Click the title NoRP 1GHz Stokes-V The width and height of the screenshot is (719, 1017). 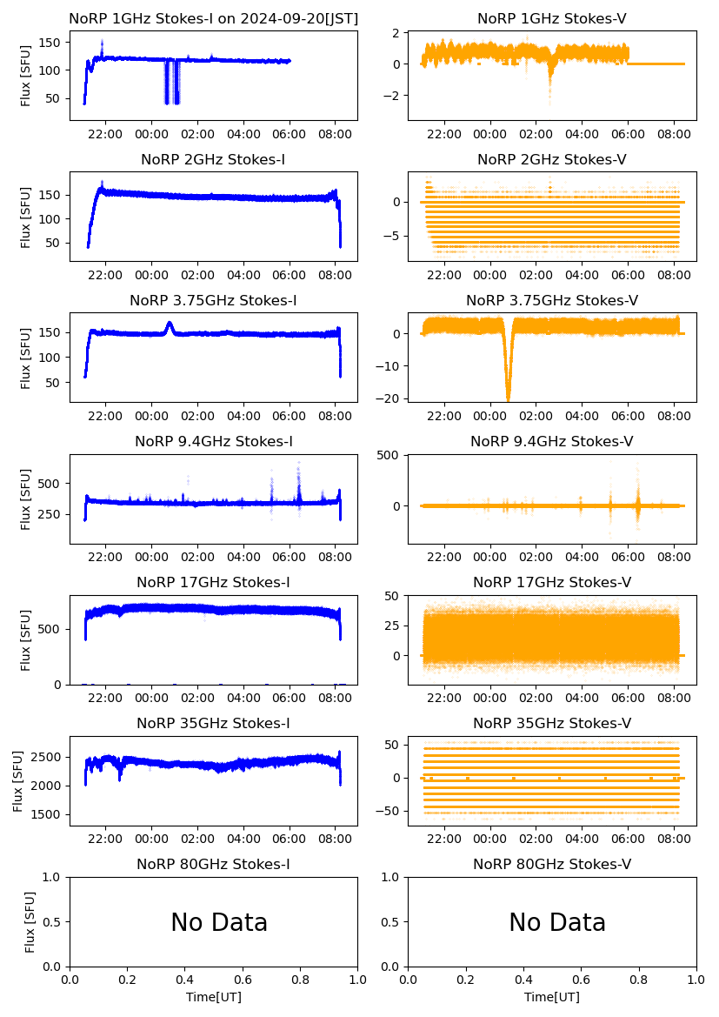coord(552,19)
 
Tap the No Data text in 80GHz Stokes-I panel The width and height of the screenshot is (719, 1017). coord(219,922)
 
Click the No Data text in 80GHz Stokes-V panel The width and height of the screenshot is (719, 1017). coord(557,922)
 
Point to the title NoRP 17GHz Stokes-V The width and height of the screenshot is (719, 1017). coord(552,582)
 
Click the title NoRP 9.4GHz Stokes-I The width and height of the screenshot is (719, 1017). coord(213,441)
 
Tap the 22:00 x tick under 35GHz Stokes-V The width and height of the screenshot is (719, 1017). coord(445,840)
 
